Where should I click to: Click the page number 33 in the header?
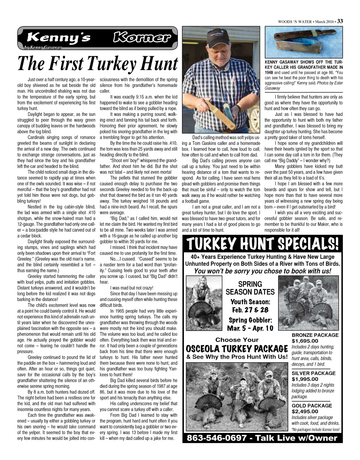coord(340,21)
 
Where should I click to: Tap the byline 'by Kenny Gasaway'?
coord(43,47)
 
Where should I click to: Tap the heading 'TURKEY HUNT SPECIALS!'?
coord(262,243)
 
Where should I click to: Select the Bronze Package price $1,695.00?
coord(305,341)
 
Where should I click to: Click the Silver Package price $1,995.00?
coord(305,379)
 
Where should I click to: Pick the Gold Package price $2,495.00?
coord(305,411)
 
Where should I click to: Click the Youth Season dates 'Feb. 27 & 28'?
coord(250,310)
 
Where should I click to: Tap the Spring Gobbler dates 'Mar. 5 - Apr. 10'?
coord(250,328)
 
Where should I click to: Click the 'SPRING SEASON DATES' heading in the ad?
coord(250,288)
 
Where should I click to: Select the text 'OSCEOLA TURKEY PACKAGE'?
coord(237,349)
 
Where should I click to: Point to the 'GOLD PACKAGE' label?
coord(312,405)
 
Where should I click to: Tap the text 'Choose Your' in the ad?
coord(237,340)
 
